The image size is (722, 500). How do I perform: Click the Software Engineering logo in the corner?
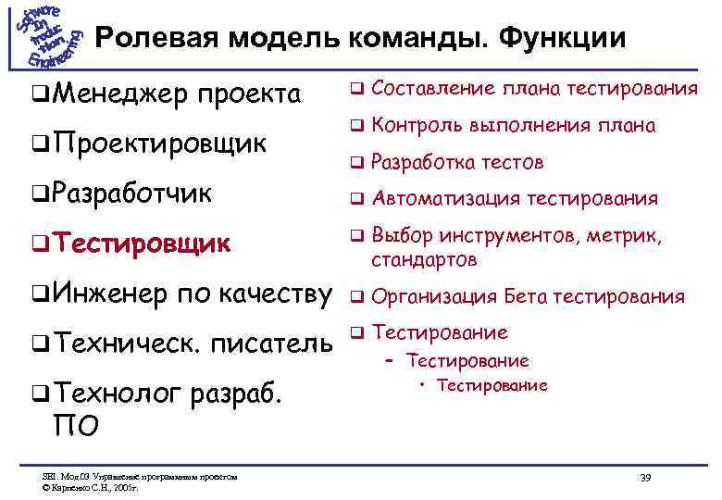click(x=46, y=37)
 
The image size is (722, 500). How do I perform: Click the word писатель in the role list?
click(x=272, y=344)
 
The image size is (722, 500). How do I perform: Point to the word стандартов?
click(x=425, y=260)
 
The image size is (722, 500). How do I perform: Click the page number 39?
click(x=646, y=476)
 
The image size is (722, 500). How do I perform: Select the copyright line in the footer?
click(x=93, y=484)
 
